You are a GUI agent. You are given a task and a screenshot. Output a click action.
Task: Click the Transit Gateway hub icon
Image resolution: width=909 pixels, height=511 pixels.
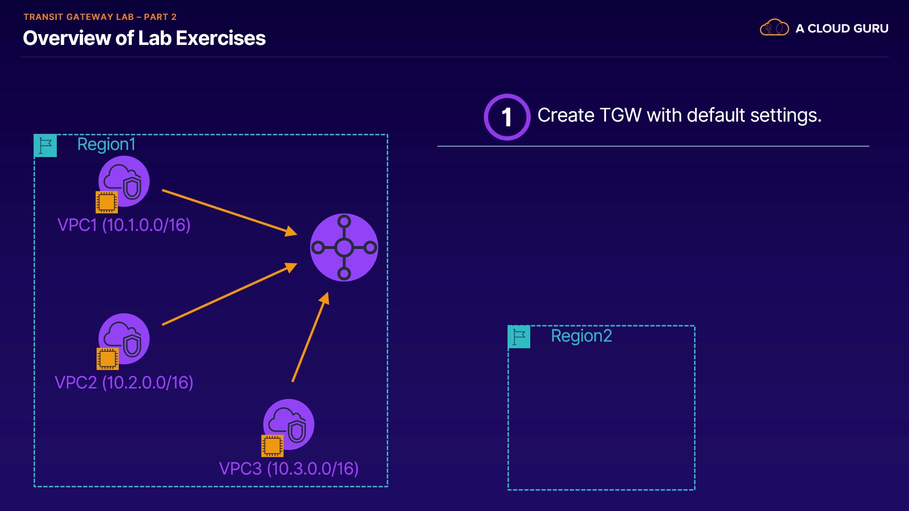[344, 247]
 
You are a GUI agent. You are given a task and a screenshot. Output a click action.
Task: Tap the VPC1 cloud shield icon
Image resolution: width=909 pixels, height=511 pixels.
[124, 181]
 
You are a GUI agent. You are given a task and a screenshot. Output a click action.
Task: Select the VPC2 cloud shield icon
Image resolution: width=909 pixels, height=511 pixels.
[124, 339]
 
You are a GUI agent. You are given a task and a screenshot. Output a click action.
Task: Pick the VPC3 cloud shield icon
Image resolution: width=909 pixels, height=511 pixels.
[289, 424]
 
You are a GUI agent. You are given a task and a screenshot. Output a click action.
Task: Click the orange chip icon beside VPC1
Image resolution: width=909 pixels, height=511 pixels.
[107, 202]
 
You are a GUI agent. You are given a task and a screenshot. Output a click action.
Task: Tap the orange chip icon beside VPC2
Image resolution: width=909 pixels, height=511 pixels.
[107, 359]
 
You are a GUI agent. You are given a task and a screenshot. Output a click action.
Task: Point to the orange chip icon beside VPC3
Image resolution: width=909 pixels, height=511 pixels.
[272, 446]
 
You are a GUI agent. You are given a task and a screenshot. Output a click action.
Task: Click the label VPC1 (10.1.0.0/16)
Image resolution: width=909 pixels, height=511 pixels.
[124, 225]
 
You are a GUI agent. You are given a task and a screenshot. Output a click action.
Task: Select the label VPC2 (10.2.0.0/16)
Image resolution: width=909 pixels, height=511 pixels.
[124, 383]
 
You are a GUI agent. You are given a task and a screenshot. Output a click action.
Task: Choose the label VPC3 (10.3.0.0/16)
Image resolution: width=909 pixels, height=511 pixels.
[289, 469]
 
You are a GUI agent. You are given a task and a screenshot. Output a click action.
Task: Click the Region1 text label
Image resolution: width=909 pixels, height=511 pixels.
[107, 144]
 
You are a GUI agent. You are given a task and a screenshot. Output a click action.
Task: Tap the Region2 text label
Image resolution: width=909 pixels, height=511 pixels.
[581, 336]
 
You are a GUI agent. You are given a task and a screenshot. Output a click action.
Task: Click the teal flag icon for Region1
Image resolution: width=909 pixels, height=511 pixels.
[45, 146]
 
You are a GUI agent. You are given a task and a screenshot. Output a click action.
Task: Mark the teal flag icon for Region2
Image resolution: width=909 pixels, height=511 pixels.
[519, 337]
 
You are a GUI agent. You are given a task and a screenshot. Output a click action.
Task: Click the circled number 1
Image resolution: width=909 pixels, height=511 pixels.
[507, 117]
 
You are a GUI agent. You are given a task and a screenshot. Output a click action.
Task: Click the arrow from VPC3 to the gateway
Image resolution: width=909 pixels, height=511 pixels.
[311, 337]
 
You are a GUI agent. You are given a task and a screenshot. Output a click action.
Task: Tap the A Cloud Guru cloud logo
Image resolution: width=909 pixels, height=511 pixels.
[775, 27]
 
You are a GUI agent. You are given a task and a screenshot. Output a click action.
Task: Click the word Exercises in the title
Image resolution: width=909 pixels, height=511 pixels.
[221, 38]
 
